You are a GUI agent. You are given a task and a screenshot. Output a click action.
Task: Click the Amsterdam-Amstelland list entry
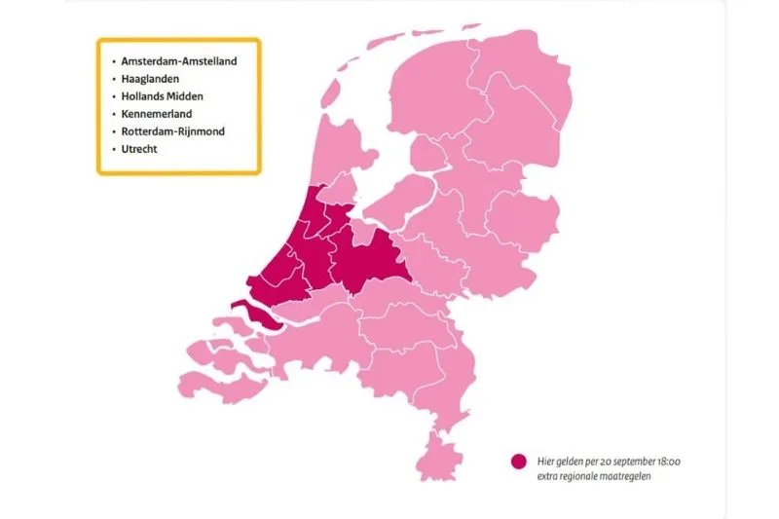pyautogui.click(x=180, y=61)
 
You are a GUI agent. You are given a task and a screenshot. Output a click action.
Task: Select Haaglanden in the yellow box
pyautogui.click(x=151, y=79)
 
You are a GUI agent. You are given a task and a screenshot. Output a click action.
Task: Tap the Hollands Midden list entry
pyautogui.click(x=163, y=96)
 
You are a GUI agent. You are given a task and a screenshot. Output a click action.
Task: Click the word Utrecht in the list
pyautogui.click(x=139, y=149)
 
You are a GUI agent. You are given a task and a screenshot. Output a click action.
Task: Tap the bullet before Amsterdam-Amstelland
pyautogui.click(x=114, y=61)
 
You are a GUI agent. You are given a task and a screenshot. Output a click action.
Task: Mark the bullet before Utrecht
pyautogui.click(x=114, y=149)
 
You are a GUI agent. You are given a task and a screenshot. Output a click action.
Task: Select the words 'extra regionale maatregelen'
pyautogui.click(x=593, y=475)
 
